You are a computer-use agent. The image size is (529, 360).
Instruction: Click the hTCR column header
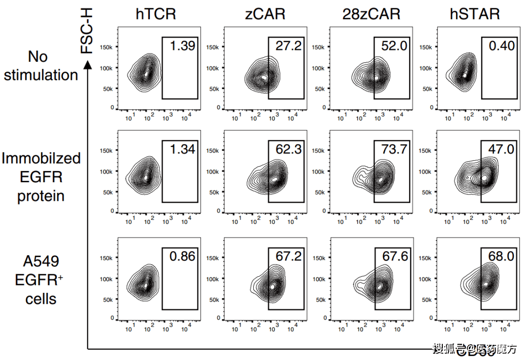coord(156,14)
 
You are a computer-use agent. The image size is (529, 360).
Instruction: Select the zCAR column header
coord(265,14)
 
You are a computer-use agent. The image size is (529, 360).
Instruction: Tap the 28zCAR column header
coord(371,14)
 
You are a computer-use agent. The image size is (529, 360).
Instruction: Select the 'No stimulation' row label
coord(41,66)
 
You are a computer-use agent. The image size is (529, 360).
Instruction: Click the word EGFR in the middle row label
coord(41,177)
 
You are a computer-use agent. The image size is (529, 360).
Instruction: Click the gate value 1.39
coord(182,46)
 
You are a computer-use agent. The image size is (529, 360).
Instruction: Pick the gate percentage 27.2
coord(289,46)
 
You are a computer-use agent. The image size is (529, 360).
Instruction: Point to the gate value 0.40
coord(502,46)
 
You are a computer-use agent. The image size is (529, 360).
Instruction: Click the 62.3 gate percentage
coord(289,149)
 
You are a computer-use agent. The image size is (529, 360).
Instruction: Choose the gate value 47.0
coord(501,149)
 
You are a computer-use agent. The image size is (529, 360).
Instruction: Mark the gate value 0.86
coord(182,256)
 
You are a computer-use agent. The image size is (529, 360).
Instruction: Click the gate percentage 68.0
coord(501,256)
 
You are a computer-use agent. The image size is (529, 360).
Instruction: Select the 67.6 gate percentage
coord(394,256)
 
